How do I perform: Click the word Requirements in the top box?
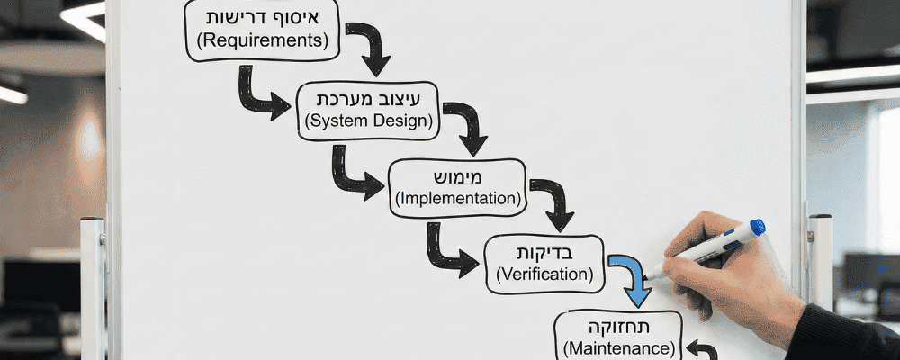point(262,40)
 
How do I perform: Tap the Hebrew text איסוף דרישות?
point(262,17)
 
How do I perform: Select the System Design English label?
point(369,120)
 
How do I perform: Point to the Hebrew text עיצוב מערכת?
point(369,96)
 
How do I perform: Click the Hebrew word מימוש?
point(457,175)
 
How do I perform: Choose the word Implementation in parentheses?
point(457,197)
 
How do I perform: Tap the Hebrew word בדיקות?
point(545,251)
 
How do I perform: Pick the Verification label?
point(545,274)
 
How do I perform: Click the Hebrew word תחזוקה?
point(619,324)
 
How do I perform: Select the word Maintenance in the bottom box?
point(619,346)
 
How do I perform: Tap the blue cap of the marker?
point(757,228)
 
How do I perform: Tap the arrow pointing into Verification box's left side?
point(449,253)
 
